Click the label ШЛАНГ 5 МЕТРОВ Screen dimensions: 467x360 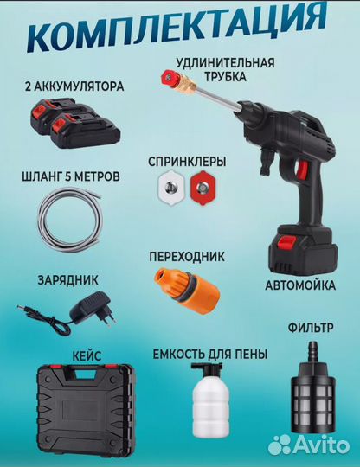[69, 176]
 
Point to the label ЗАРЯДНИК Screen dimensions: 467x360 [66, 280]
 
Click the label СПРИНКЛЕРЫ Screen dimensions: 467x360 [186, 161]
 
